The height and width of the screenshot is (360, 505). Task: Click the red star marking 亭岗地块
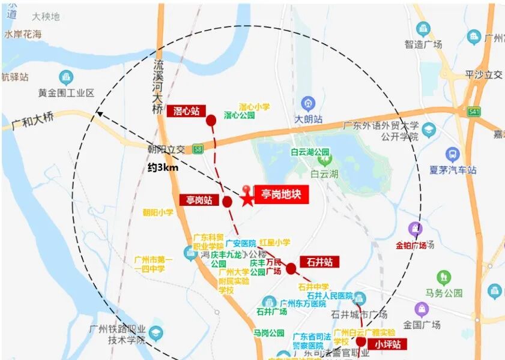[247, 199]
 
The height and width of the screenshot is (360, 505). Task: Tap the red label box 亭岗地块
[281, 194]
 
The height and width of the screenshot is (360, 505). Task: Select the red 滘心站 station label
[186, 110]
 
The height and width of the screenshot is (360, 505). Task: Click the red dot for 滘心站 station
[211, 121]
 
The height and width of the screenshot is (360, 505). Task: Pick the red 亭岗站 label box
[199, 200]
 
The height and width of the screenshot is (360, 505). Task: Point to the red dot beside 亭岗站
[227, 201]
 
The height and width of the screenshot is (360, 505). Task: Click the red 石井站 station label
[319, 262]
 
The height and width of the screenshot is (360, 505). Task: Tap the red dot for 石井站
[291, 268]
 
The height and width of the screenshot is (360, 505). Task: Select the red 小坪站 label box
[388, 344]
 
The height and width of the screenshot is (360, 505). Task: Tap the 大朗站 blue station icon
[308, 104]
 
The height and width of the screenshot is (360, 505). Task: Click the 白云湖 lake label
[325, 174]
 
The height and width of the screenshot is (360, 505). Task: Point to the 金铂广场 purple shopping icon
[415, 229]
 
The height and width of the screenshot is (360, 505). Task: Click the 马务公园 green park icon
[444, 277]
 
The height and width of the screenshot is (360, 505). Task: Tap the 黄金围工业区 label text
[67, 93]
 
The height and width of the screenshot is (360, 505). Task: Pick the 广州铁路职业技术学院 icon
[156, 332]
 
